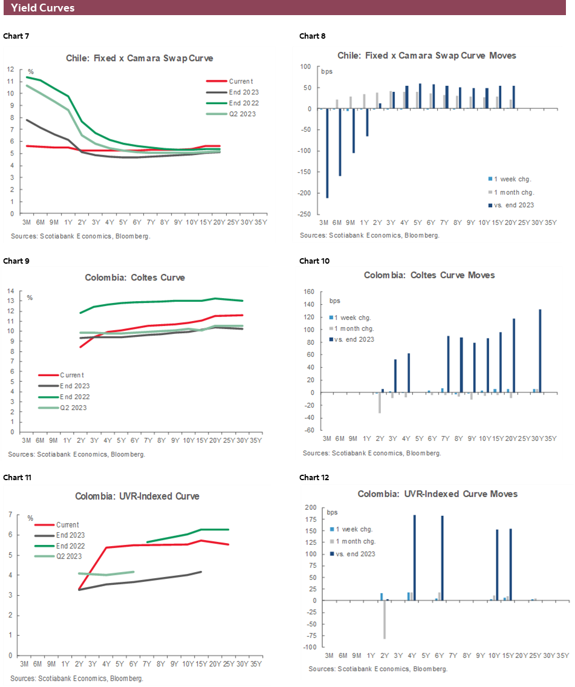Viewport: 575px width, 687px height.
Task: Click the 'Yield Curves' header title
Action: (x=43, y=8)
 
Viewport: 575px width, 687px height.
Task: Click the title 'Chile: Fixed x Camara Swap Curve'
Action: (x=140, y=58)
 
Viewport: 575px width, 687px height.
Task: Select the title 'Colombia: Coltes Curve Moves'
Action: (x=429, y=275)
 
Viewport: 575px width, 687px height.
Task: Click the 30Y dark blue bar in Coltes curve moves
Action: (x=540, y=351)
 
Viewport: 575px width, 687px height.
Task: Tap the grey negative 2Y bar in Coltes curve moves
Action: (x=380, y=403)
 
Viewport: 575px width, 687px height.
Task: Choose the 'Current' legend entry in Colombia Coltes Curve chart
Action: (x=71, y=375)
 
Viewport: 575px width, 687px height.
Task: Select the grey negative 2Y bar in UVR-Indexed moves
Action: (x=385, y=619)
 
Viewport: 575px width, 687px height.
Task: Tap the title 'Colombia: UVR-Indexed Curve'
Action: (x=137, y=497)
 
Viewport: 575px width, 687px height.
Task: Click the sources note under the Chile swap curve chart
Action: (x=80, y=236)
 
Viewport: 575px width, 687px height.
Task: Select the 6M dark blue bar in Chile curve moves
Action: (x=340, y=142)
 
